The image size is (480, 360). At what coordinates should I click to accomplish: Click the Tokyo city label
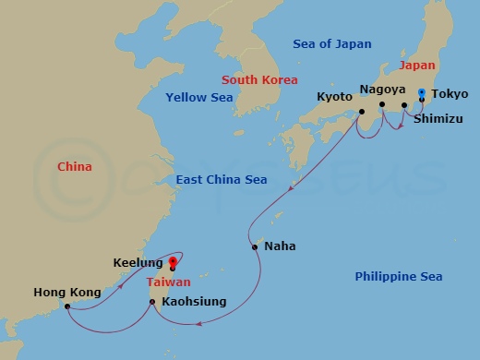450,94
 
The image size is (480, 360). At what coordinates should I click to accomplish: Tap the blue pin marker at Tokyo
422,94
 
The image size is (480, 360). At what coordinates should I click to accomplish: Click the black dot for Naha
254,246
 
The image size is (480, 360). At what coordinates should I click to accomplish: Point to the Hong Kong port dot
67,306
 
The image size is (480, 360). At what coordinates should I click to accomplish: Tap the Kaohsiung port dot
152,301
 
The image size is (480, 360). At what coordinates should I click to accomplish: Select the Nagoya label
381,90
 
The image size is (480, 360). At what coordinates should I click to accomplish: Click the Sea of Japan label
332,44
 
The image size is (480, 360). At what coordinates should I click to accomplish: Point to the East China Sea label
221,180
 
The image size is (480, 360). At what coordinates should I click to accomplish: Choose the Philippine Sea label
399,277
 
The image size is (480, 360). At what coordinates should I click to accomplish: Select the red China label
75,167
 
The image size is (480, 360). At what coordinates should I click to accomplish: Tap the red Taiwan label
169,282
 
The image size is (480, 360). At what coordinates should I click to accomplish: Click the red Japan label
417,66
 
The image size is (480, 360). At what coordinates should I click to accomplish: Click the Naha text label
280,246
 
